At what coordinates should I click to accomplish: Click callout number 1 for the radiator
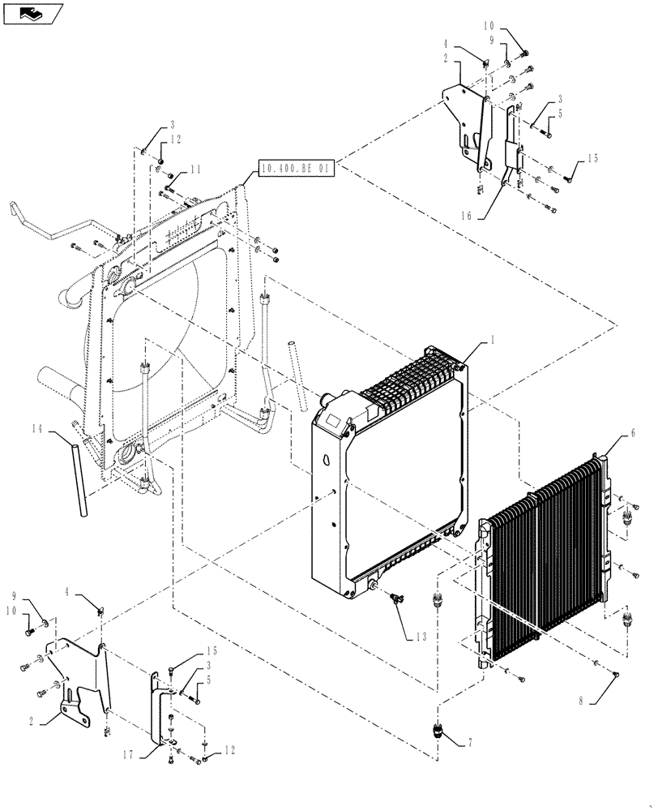click(491, 342)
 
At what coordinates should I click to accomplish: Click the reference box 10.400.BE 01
click(295, 169)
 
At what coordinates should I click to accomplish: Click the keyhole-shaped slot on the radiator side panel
click(327, 458)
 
